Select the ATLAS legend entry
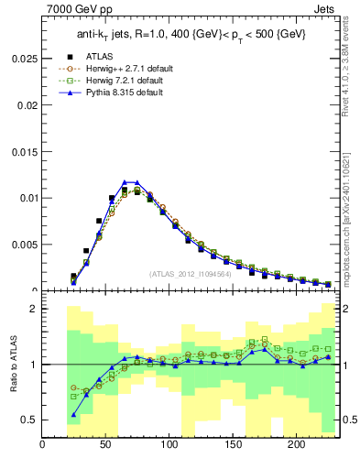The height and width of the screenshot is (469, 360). [x=101, y=55]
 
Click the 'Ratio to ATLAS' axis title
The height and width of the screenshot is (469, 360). [x=13, y=365]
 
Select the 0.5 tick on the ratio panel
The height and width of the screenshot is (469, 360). [x=30, y=420]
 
